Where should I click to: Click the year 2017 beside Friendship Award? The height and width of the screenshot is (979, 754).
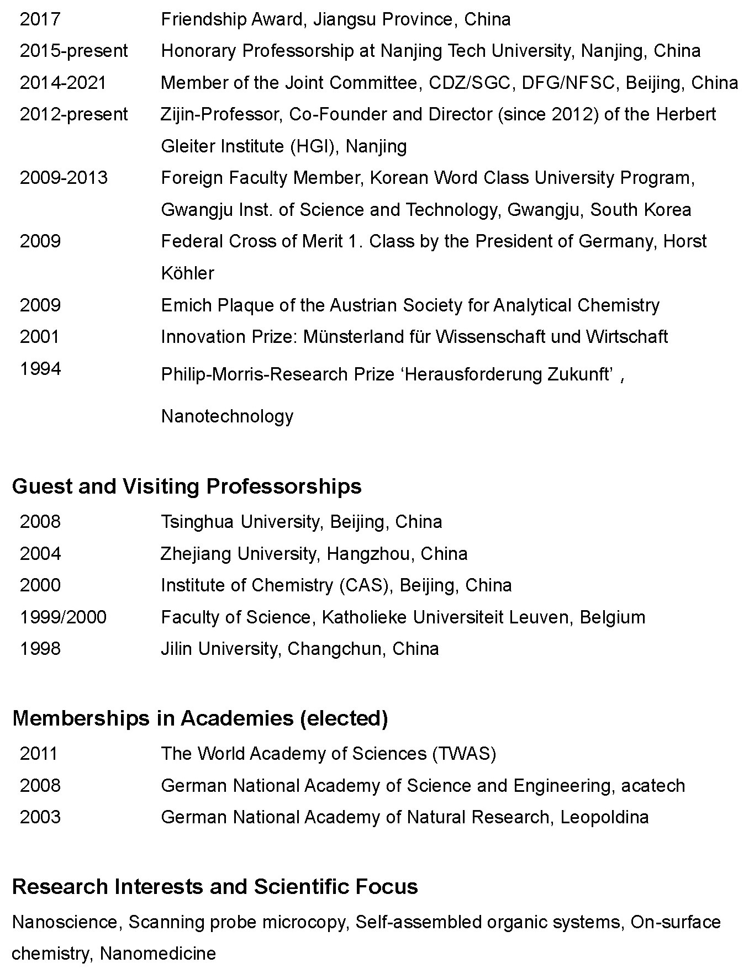click(40, 19)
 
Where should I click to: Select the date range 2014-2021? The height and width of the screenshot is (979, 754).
click(63, 83)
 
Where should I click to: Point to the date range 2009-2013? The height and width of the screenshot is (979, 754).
click(64, 178)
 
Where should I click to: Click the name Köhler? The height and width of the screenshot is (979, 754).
click(187, 273)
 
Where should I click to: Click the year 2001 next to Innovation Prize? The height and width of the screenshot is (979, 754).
click(39, 337)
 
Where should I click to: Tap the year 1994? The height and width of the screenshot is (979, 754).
click(40, 368)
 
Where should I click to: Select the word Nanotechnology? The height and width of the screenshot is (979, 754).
click(227, 416)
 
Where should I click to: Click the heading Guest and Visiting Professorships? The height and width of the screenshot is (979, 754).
click(187, 486)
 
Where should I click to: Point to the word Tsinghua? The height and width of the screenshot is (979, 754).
click(197, 522)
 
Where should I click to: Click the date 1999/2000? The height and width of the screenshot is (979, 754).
click(63, 617)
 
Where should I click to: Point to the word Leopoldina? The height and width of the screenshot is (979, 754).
click(604, 817)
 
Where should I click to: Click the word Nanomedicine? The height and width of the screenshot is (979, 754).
click(157, 954)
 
